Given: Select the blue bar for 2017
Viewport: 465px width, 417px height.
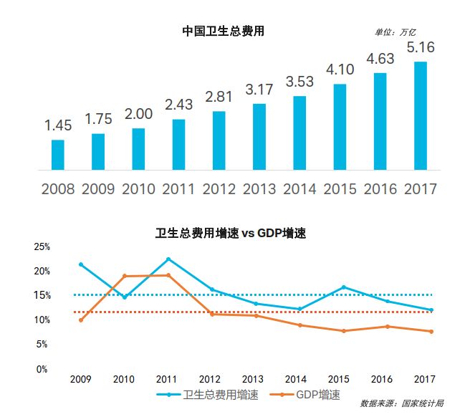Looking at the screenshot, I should click(x=421, y=115).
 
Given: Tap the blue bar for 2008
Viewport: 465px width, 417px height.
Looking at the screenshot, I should click(x=58, y=155).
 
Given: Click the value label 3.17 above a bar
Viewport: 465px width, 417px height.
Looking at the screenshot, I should click(x=259, y=90).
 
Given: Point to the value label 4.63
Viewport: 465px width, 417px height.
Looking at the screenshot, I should click(x=380, y=59).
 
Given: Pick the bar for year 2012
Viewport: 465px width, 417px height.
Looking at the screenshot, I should click(x=219, y=140).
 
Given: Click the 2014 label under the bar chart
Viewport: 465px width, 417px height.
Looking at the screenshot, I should click(x=299, y=190).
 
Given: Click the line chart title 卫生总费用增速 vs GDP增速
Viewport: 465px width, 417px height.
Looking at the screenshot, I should click(x=231, y=234).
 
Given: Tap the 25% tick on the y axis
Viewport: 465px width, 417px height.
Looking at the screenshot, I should click(x=42, y=247).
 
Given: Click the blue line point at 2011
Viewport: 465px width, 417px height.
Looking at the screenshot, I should click(x=168, y=259).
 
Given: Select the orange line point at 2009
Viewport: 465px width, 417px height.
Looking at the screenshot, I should click(x=81, y=320).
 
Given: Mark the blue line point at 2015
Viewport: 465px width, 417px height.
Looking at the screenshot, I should click(x=344, y=287).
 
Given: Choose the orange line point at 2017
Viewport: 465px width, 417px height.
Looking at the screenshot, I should click(x=431, y=331).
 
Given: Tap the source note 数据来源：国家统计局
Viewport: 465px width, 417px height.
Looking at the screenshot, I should click(x=401, y=403).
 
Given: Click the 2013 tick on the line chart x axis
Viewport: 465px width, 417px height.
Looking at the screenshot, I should click(x=252, y=378).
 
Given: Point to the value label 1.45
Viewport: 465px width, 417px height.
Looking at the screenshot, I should click(x=58, y=125).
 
